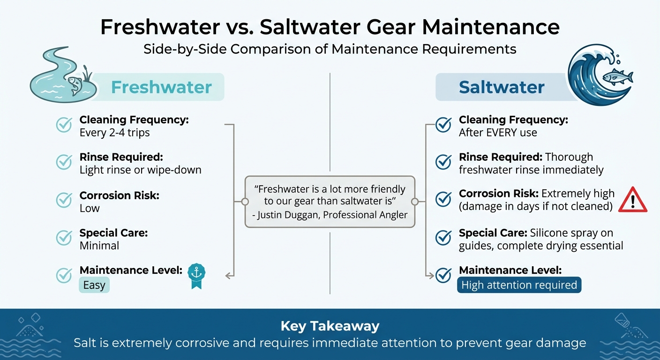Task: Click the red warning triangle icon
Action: pos(633,200)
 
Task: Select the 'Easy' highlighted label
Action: pos(94,285)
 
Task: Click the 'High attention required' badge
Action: pos(519,285)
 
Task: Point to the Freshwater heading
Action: pos(161,87)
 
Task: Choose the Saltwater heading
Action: pos(502,87)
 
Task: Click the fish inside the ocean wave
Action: pos(617,76)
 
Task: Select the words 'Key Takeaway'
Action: pos(330,326)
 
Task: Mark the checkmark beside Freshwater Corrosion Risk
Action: pos(64,200)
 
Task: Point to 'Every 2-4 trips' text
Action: pos(115,133)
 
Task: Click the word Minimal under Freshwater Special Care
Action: pos(99,246)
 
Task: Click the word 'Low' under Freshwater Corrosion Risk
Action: pos(90,208)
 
